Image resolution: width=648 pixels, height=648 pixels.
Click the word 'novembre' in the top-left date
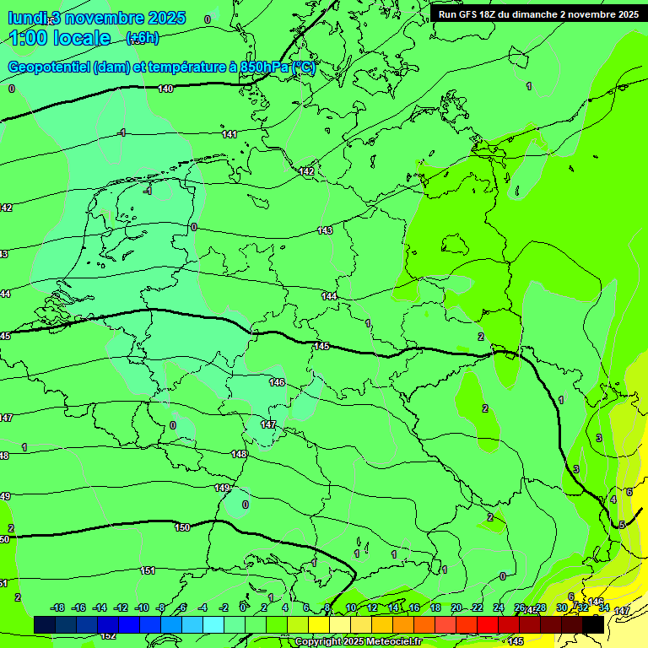pyautogui.click(x=105, y=18)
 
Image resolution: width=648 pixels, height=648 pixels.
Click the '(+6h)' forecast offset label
pyautogui.click(x=142, y=38)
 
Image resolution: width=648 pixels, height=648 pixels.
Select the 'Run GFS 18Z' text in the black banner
pyautogui.click(x=472, y=14)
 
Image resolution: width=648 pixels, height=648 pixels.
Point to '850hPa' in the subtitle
pyautogui.click(x=264, y=67)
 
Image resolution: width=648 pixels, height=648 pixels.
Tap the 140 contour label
pyautogui.click(x=165, y=89)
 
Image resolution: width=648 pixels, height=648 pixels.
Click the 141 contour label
pyautogui.click(x=229, y=134)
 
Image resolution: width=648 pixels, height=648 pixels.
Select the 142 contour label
pyautogui.click(x=306, y=171)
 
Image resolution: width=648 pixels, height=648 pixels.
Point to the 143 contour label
pyautogui.click(x=325, y=230)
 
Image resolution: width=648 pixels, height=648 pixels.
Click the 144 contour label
pyautogui.click(x=329, y=296)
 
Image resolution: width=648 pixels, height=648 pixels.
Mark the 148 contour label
pyautogui.click(x=240, y=454)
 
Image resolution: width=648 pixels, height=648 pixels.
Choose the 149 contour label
pyautogui.click(x=222, y=488)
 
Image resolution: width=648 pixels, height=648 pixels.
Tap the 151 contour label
pyautogui.click(x=148, y=570)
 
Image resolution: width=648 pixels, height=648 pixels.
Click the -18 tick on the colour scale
pyautogui.click(x=57, y=607)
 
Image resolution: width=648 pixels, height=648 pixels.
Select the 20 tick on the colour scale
pyautogui.click(x=456, y=607)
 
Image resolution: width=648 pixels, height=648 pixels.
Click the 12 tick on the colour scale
pyautogui.click(x=372, y=607)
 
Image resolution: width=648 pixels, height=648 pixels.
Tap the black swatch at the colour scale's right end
pyautogui.click(x=593, y=625)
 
